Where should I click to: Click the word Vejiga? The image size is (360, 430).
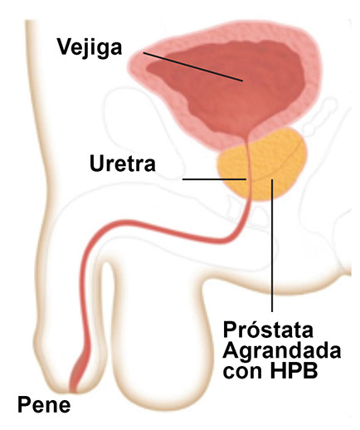coord(90,48)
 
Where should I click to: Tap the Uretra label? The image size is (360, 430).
coord(123,164)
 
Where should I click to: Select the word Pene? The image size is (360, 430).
coord(44,405)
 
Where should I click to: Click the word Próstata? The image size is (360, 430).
coord(268,330)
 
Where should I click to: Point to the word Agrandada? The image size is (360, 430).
coord(282,351)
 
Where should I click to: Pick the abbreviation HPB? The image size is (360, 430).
coord(294,371)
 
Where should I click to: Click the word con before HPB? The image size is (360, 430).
coord(244,373)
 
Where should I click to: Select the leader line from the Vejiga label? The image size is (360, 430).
coord(193,66)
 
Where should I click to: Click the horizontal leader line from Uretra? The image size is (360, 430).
coord(214,179)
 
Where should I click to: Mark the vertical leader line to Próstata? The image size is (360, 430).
coord(272,246)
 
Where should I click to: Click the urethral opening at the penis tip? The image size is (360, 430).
coord(72,389)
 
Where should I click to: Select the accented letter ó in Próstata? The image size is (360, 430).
coord(255,329)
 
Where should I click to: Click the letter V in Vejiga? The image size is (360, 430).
coord(65,46)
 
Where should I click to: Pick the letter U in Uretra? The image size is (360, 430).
coord(97,164)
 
